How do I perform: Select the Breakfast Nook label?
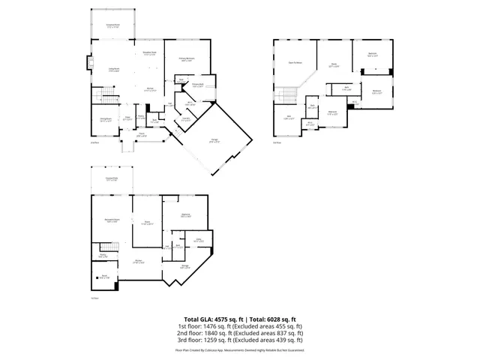[149, 52]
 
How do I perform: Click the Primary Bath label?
[198, 85]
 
